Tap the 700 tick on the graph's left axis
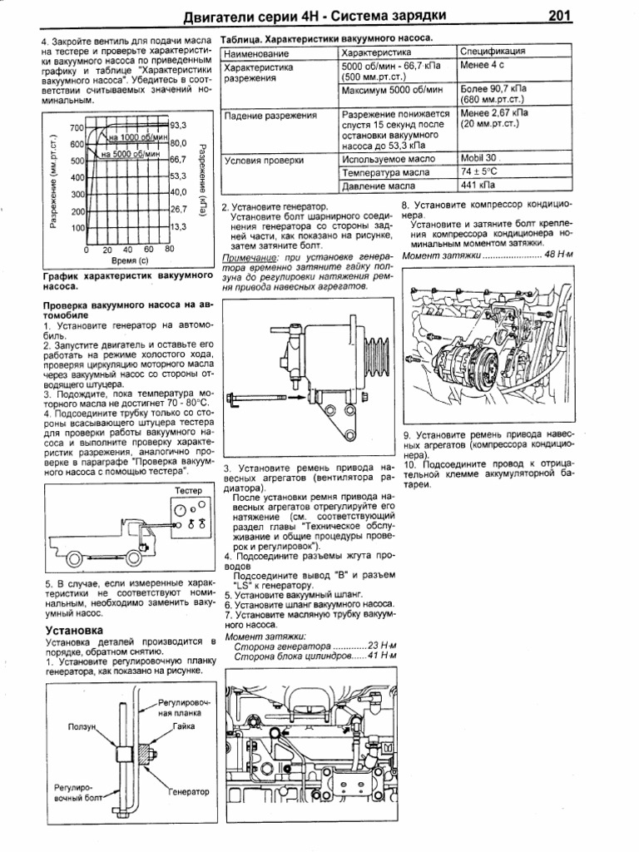(x=77, y=127)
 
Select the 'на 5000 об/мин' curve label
(x=132, y=154)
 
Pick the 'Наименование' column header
(x=255, y=52)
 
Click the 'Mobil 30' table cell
(x=480, y=158)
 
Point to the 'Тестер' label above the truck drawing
(x=189, y=491)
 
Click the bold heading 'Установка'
(x=74, y=631)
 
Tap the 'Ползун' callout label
(x=86, y=726)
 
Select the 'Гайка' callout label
(x=185, y=726)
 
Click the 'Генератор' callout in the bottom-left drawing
(x=190, y=790)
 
